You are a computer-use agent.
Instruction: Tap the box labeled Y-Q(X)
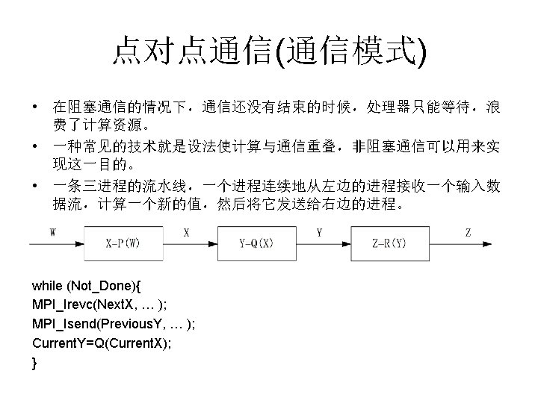coord(256,243)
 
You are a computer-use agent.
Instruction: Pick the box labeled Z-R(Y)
coord(389,243)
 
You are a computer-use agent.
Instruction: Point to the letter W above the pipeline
coord(53,232)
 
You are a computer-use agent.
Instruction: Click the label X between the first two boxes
coord(186,232)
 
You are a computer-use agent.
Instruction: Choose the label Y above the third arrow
coord(319,232)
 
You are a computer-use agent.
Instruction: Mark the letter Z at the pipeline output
coord(469,232)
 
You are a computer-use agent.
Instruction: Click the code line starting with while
coord(90,287)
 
